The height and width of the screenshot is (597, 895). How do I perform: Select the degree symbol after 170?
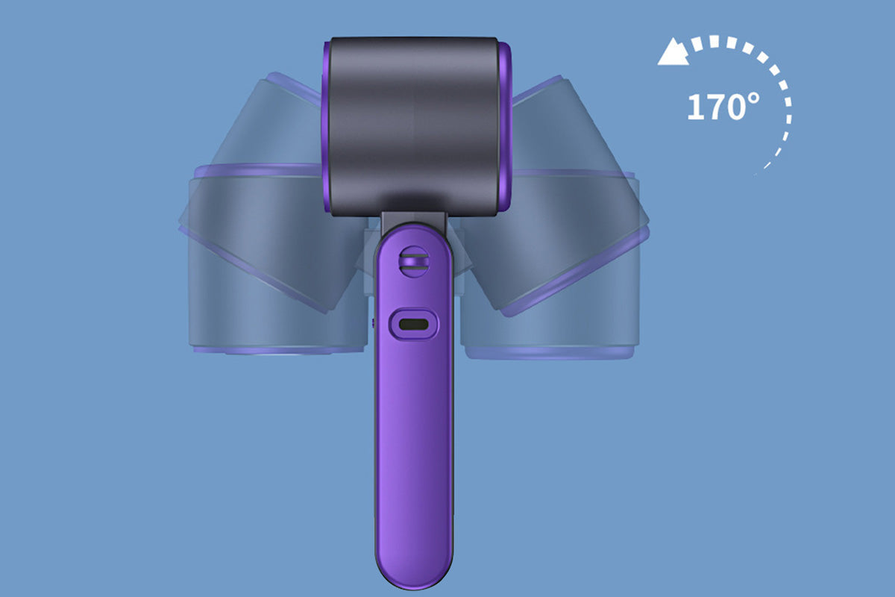click(753, 99)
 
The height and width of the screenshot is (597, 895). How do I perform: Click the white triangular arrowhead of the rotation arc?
click(672, 52)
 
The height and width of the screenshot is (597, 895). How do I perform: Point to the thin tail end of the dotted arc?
click(757, 172)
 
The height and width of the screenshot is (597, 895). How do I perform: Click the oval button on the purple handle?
click(413, 324)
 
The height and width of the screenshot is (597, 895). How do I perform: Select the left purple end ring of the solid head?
click(327, 126)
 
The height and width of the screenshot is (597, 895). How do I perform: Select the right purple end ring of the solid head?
click(504, 126)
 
